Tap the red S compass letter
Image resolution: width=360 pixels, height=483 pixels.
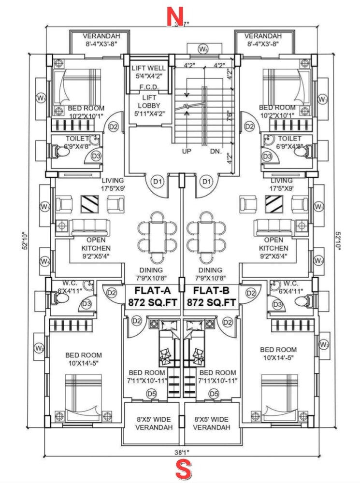click(x=184, y=469)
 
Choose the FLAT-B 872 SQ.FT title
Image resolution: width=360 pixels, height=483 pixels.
click(x=215, y=297)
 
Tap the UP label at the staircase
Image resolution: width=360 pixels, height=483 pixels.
click(x=187, y=152)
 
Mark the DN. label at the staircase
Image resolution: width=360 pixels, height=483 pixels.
click(x=216, y=152)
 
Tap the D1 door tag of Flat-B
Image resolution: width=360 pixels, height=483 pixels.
click(x=207, y=182)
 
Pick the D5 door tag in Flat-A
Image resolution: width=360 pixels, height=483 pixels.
click(x=151, y=394)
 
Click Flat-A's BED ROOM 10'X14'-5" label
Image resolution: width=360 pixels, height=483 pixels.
click(x=84, y=359)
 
